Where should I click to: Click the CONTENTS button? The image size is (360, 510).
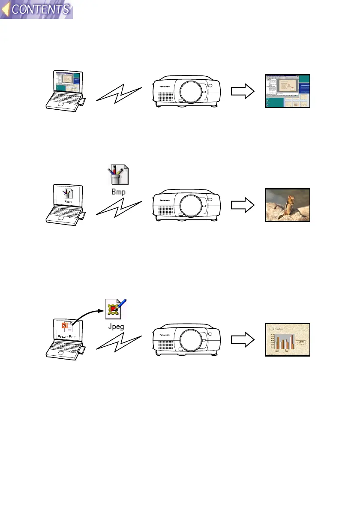coord(37,9)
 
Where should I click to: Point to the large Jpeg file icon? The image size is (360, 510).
coord(117,309)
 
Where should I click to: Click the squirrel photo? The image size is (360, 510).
coord(287,205)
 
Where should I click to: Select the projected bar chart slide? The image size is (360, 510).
coord(287,339)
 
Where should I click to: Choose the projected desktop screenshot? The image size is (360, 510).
coord(287,91)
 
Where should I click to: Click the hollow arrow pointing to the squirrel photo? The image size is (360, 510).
coord(243,205)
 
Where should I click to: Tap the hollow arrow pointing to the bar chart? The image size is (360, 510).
coord(243,339)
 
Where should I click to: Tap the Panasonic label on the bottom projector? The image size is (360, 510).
coord(164,334)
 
